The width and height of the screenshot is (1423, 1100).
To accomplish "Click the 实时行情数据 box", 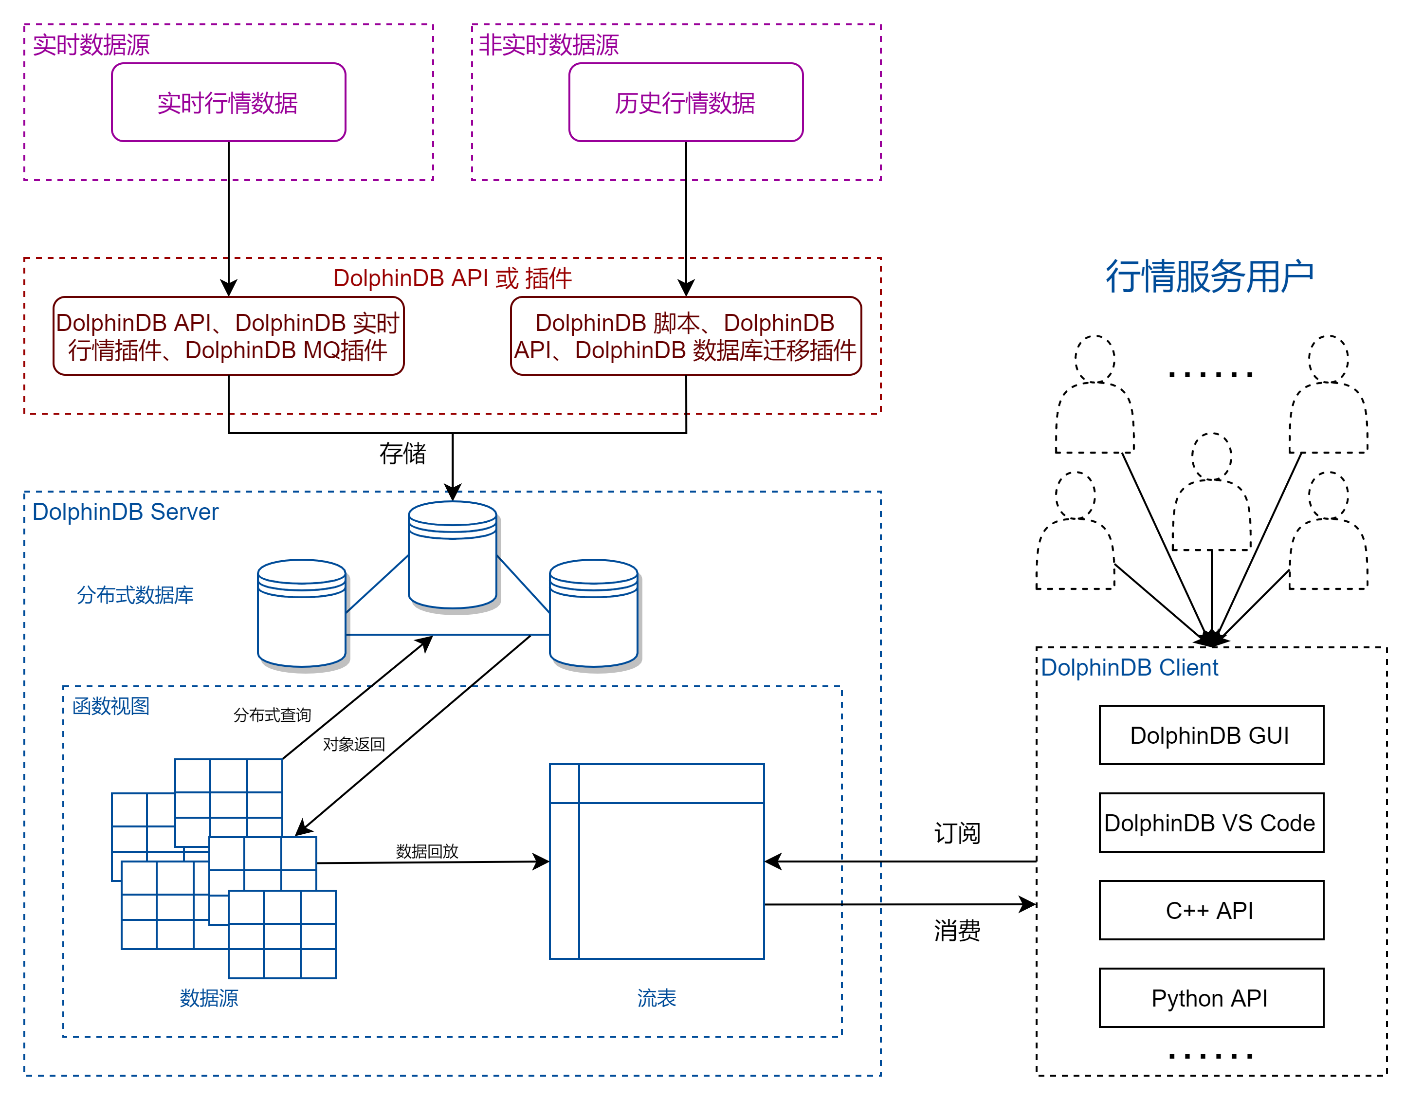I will (x=228, y=102).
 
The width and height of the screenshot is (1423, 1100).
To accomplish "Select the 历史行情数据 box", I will (x=685, y=102).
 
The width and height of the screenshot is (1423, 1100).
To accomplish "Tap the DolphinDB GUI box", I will (x=1211, y=735).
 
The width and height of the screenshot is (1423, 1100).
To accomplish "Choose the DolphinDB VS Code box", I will (x=1211, y=823).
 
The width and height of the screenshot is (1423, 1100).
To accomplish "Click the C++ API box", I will (x=1211, y=910).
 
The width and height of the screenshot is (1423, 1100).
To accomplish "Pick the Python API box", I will (x=1211, y=998).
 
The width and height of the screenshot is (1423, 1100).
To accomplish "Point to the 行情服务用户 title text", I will (x=1209, y=276).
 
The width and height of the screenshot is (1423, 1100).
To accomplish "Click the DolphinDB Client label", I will (x=1129, y=667).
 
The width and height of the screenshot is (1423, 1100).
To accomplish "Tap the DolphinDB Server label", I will (x=125, y=512).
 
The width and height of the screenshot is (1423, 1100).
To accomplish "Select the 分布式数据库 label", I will (x=135, y=595).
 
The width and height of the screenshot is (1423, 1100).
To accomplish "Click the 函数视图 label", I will (x=111, y=706).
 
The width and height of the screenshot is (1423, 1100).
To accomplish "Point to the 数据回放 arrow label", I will (x=427, y=851).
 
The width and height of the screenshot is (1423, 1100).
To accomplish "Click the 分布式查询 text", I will (x=273, y=715).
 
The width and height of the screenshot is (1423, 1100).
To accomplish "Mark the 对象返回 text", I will (x=354, y=744).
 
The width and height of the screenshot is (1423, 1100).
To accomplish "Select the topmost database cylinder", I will (x=452, y=554).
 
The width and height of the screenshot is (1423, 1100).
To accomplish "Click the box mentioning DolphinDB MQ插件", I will (x=228, y=336).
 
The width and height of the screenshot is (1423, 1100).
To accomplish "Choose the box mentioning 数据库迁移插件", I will (x=685, y=336).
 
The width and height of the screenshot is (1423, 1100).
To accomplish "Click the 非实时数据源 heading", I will (x=548, y=45).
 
